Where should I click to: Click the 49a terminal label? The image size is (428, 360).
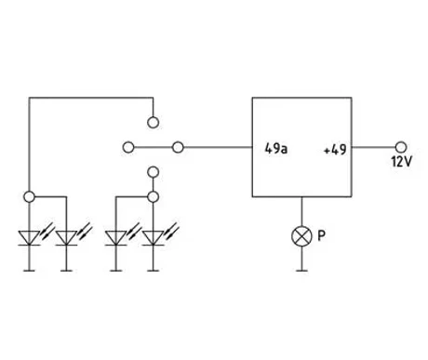pyautogui.click(x=276, y=149)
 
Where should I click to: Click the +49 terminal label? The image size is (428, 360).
pyautogui.click(x=335, y=150)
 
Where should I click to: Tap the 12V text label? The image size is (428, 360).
pyautogui.click(x=402, y=162)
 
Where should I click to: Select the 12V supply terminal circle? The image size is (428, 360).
pyautogui.click(x=401, y=147)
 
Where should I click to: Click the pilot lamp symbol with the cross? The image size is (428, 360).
pyautogui.click(x=301, y=236)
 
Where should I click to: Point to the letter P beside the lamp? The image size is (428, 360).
pyautogui.click(x=322, y=235)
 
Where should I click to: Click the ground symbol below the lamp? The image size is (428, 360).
pyautogui.click(x=301, y=271)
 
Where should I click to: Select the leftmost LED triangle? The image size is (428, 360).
pyautogui.click(x=29, y=238)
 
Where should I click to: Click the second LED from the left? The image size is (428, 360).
pyautogui.click(x=66, y=238)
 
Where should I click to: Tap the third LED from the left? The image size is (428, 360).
pyautogui.click(x=115, y=238)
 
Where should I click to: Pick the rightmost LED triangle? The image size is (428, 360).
pyautogui.click(x=153, y=238)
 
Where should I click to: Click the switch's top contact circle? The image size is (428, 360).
pyautogui.click(x=153, y=123)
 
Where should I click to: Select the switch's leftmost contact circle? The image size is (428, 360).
pyautogui.click(x=128, y=147)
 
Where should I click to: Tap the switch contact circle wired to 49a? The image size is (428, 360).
pyautogui.click(x=178, y=147)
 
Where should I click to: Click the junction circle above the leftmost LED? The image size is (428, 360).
pyautogui.click(x=29, y=196)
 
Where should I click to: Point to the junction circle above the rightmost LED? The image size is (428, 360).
pyautogui.click(x=153, y=196)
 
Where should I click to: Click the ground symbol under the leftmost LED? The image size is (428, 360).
pyautogui.click(x=29, y=271)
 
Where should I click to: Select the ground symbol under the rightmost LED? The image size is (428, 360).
pyautogui.click(x=153, y=271)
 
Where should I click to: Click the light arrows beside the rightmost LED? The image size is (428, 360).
pyautogui.click(x=171, y=231)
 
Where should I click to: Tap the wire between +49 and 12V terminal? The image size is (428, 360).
pyautogui.click(x=373, y=147)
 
